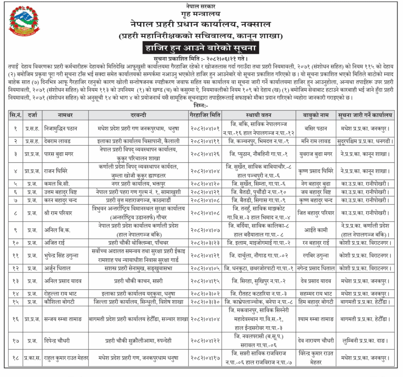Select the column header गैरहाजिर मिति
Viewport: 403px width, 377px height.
coord(205,115)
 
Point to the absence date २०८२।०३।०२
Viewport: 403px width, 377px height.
coord(205,294)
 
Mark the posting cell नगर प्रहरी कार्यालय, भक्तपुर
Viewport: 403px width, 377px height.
coord(139,184)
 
